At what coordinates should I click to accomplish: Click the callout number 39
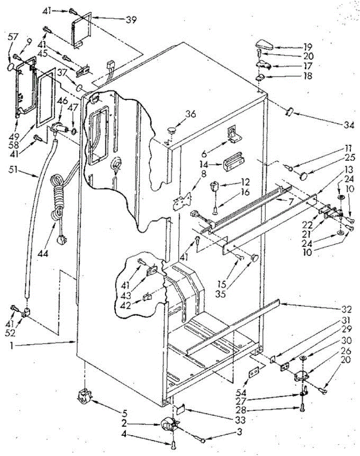[x=131, y=20]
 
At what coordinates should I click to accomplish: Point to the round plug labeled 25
[x=304, y=176]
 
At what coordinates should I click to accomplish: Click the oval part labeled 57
[x=12, y=67]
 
